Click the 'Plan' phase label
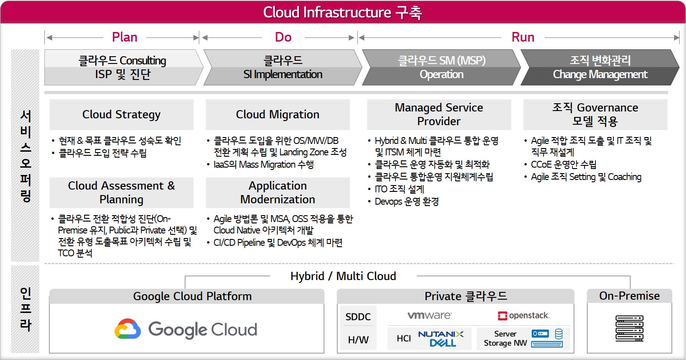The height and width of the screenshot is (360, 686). coord(125,37)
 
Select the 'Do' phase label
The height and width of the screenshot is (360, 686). coord(283,37)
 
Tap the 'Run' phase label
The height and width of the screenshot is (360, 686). coord(523,37)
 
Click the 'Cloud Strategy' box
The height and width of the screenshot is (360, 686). coord(122,115)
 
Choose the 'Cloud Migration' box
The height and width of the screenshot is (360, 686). coord(278,115)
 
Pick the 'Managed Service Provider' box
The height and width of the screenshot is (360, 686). coord(439,115)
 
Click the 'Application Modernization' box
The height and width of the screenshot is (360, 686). coord(278,192)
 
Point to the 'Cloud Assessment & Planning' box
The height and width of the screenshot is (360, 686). coord(122,192)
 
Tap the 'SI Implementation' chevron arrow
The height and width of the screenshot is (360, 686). coord(282,67)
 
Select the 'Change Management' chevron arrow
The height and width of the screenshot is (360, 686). coord(600,67)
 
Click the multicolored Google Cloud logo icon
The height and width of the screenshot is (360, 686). coord(128,329)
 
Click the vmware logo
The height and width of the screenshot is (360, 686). coord(430,315)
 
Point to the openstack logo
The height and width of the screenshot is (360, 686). coord(524,316)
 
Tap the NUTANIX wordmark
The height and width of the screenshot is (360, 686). coord(441,334)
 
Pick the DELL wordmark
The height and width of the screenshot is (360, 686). coord(443,343)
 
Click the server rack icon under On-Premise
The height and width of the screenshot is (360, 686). coord(629,328)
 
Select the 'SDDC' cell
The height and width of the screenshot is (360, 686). coord(358,317)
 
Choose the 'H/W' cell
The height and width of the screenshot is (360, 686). coord(358,339)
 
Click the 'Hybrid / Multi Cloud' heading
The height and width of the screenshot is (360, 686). coord(343,276)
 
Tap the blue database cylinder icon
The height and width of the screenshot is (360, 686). coord(559,334)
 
